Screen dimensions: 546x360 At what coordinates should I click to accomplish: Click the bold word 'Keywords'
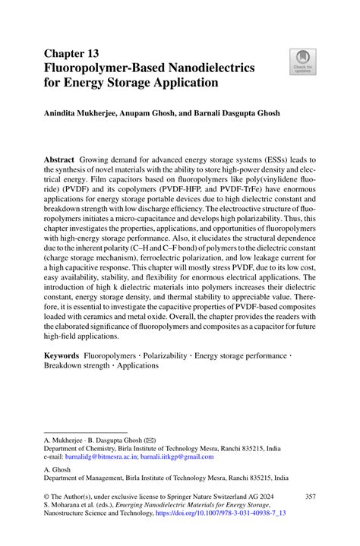click(61, 355)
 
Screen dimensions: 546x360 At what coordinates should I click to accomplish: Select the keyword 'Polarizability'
click(161, 355)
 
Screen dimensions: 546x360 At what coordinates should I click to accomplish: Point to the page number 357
click(310, 497)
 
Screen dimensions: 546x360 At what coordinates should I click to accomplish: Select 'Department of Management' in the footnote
click(87, 478)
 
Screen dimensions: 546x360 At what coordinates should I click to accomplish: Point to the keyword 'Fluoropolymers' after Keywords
click(112, 355)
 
